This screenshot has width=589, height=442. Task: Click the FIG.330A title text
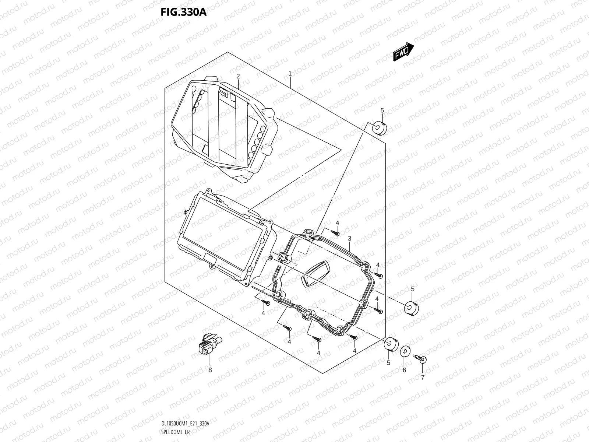tap(183, 13)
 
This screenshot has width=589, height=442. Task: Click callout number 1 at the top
tap(290, 74)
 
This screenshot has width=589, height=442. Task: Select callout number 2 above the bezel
tap(238, 76)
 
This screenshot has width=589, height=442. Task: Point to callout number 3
tap(349, 239)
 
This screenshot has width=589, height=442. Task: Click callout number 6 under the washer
tap(404, 370)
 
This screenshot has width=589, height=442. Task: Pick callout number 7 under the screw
tap(423, 377)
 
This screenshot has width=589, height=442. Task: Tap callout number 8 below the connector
tap(210, 370)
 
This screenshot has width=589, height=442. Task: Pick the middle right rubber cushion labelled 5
tap(412, 308)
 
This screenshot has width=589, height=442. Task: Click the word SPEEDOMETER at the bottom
tap(175, 432)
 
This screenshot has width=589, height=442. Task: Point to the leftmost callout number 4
tap(263, 313)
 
